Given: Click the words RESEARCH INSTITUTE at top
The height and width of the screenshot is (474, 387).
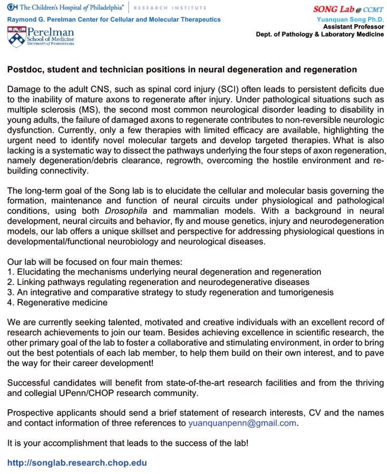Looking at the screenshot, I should click(x=170, y=8).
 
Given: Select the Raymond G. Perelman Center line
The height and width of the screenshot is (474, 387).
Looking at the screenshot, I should click(x=114, y=19).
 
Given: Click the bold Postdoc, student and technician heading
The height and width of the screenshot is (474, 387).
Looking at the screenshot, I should click(x=182, y=70).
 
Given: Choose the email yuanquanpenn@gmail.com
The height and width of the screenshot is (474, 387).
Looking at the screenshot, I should click(x=242, y=423).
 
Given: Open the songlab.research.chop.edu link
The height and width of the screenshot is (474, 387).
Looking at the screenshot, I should click(x=77, y=463).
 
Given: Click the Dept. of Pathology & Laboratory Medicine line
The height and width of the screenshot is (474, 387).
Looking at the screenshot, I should click(x=320, y=34).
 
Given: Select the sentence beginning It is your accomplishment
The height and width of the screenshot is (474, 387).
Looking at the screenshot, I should click(x=128, y=443).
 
